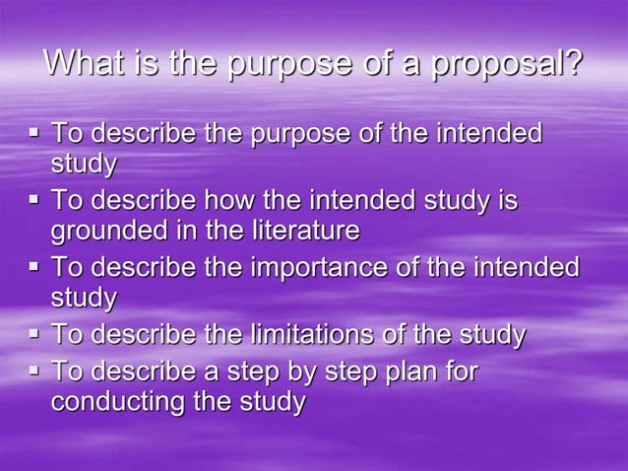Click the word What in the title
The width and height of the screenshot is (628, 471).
click(x=84, y=64)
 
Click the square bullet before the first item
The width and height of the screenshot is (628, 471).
click(x=34, y=131)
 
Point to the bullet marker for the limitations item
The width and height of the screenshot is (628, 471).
click(x=34, y=333)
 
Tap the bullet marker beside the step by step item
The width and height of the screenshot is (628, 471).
click(x=34, y=370)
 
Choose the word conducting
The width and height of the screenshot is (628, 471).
click(x=118, y=403)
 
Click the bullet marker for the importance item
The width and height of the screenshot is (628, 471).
click(x=34, y=266)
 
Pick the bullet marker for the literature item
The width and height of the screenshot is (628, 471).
click(x=34, y=199)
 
